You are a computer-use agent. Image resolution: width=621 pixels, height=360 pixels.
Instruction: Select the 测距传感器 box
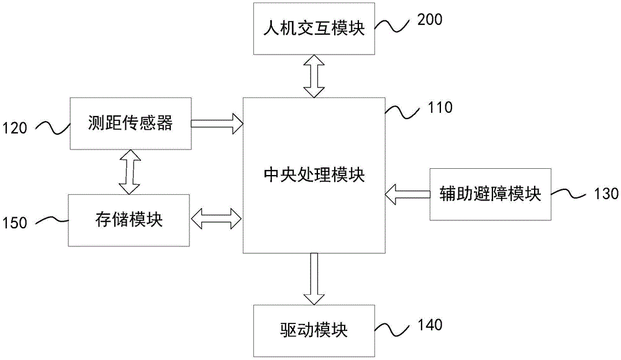(130, 124)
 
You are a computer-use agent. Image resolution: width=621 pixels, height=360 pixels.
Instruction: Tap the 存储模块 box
(129, 219)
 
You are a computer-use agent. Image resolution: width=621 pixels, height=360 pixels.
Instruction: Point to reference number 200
(430, 19)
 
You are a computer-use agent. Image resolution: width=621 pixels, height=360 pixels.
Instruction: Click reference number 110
(440, 107)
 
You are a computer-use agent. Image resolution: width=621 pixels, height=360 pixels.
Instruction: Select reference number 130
(605, 194)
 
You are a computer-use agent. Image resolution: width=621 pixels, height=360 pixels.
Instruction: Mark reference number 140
(430, 325)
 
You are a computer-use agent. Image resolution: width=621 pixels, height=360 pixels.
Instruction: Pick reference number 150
(14, 223)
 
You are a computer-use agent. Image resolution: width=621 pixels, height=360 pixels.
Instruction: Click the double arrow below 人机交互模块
(314, 76)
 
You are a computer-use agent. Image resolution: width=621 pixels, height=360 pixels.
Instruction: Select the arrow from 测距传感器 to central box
(217, 124)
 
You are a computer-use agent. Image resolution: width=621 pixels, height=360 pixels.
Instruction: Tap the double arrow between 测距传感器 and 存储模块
(129, 171)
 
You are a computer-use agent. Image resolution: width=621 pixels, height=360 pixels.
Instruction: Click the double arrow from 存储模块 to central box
(217, 218)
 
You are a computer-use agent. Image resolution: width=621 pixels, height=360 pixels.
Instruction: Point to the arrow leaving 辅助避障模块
(407, 194)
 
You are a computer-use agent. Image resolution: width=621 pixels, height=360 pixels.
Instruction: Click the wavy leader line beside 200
(395, 25)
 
